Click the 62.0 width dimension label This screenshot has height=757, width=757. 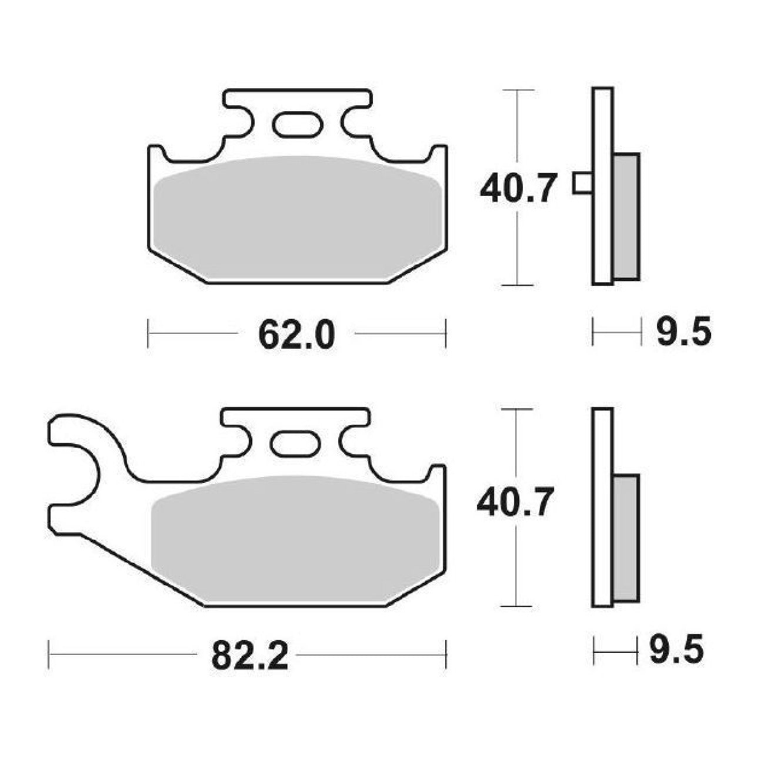[296, 335]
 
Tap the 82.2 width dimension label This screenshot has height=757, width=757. [250, 656]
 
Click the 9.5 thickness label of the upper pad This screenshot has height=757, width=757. [683, 332]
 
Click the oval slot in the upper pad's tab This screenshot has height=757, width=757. [298, 125]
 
